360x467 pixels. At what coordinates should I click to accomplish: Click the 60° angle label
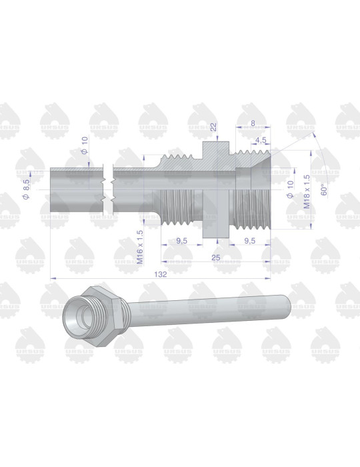(x=323, y=189)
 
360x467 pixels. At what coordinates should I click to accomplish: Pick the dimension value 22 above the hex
(x=213, y=127)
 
